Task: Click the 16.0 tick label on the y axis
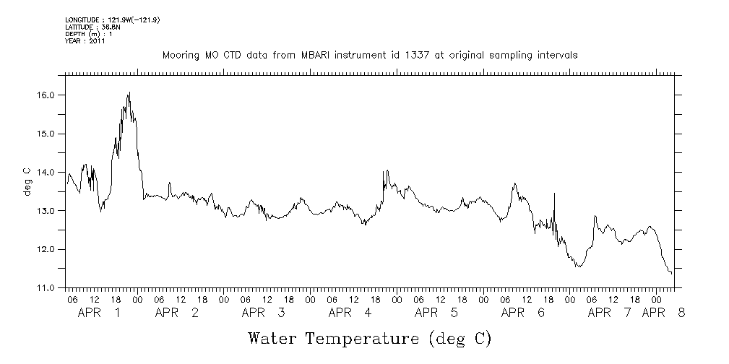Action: tap(46, 95)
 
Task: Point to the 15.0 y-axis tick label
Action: tap(46, 134)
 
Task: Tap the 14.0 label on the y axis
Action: tap(46, 172)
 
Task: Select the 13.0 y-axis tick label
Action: tap(46, 211)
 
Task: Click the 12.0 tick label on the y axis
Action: tap(46, 249)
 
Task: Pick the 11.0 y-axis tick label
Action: tap(46, 287)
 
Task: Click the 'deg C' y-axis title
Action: tap(27, 181)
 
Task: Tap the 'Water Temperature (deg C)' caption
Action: tap(369, 338)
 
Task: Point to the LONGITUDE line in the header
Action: tap(112, 19)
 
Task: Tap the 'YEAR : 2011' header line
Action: tap(85, 41)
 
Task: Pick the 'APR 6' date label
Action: tap(522, 313)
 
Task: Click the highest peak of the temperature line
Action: tap(129, 92)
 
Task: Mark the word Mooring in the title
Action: tap(179, 55)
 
